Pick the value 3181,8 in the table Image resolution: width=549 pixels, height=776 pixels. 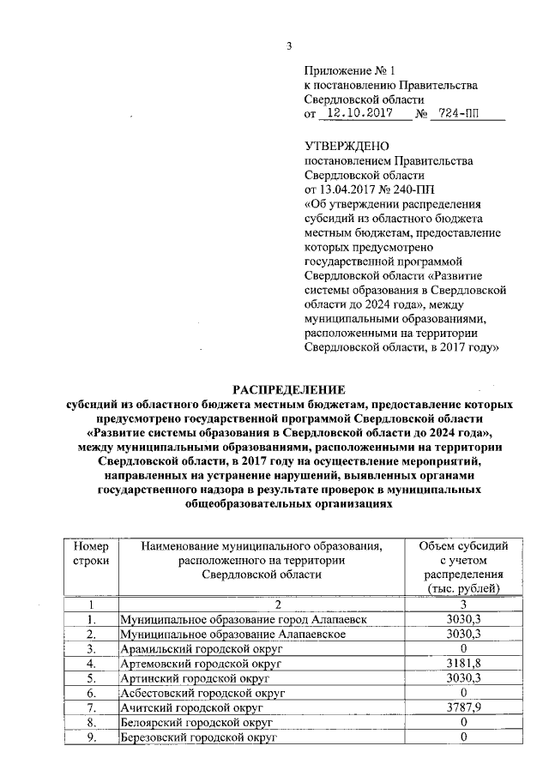pos(463,664)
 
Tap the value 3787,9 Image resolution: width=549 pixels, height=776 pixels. pos(463,707)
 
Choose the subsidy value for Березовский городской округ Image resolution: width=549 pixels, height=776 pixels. pos(463,737)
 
